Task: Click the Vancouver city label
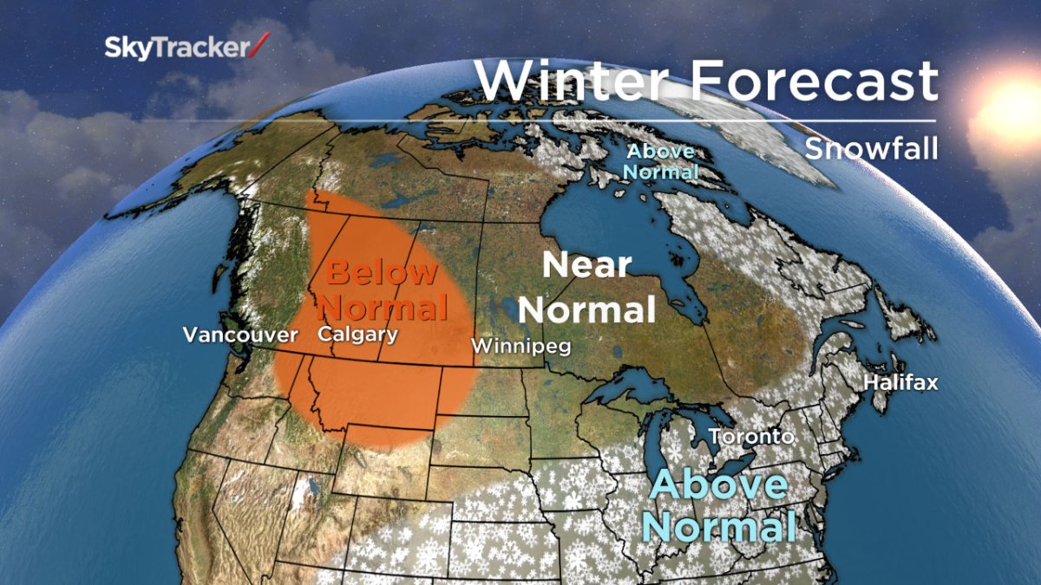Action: [x=228, y=335]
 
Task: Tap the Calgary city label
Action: [x=357, y=334]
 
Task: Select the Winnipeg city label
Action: [x=520, y=346]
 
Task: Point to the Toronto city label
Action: [x=751, y=436]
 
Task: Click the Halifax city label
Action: [x=900, y=382]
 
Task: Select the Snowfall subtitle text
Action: [x=871, y=148]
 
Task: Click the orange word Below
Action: [x=383, y=273]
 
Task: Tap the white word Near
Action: [x=586, y=266]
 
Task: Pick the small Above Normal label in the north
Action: [x=661, y=161]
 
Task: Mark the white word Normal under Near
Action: [x=592, y=309]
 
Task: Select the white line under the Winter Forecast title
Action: [x=705, y=120]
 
